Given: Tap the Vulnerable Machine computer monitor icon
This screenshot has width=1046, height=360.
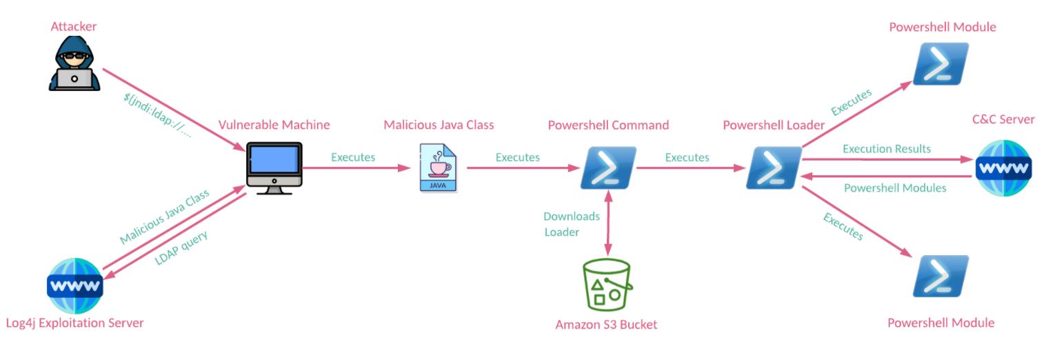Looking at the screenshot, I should (274, 168).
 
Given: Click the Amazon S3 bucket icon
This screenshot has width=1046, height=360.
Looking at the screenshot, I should (607, 284).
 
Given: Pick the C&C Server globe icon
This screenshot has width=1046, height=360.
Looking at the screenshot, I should (1003, 168).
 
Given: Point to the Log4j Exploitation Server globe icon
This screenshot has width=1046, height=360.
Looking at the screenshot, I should (74, 285).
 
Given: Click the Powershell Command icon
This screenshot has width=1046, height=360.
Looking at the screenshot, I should (607, 168).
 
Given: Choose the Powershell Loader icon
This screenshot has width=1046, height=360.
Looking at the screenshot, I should (773, 168).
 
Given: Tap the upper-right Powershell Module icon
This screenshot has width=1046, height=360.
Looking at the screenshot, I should (941, 64).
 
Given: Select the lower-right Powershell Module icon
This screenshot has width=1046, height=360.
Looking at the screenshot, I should (941, 276).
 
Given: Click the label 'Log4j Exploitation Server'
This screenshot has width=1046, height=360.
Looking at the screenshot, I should (74, 323).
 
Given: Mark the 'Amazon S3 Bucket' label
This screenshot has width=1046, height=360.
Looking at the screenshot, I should (606, 324).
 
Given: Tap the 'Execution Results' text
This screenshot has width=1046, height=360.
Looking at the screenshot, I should (886, 149).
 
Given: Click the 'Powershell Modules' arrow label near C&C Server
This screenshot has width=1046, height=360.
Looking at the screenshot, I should (895, 187).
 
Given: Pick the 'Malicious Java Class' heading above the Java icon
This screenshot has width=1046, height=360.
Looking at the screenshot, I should (439, 125).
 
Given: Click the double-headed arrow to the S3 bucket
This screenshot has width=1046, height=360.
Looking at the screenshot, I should (607, 224).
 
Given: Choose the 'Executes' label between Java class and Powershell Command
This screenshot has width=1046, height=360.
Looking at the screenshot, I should (517, 157).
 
